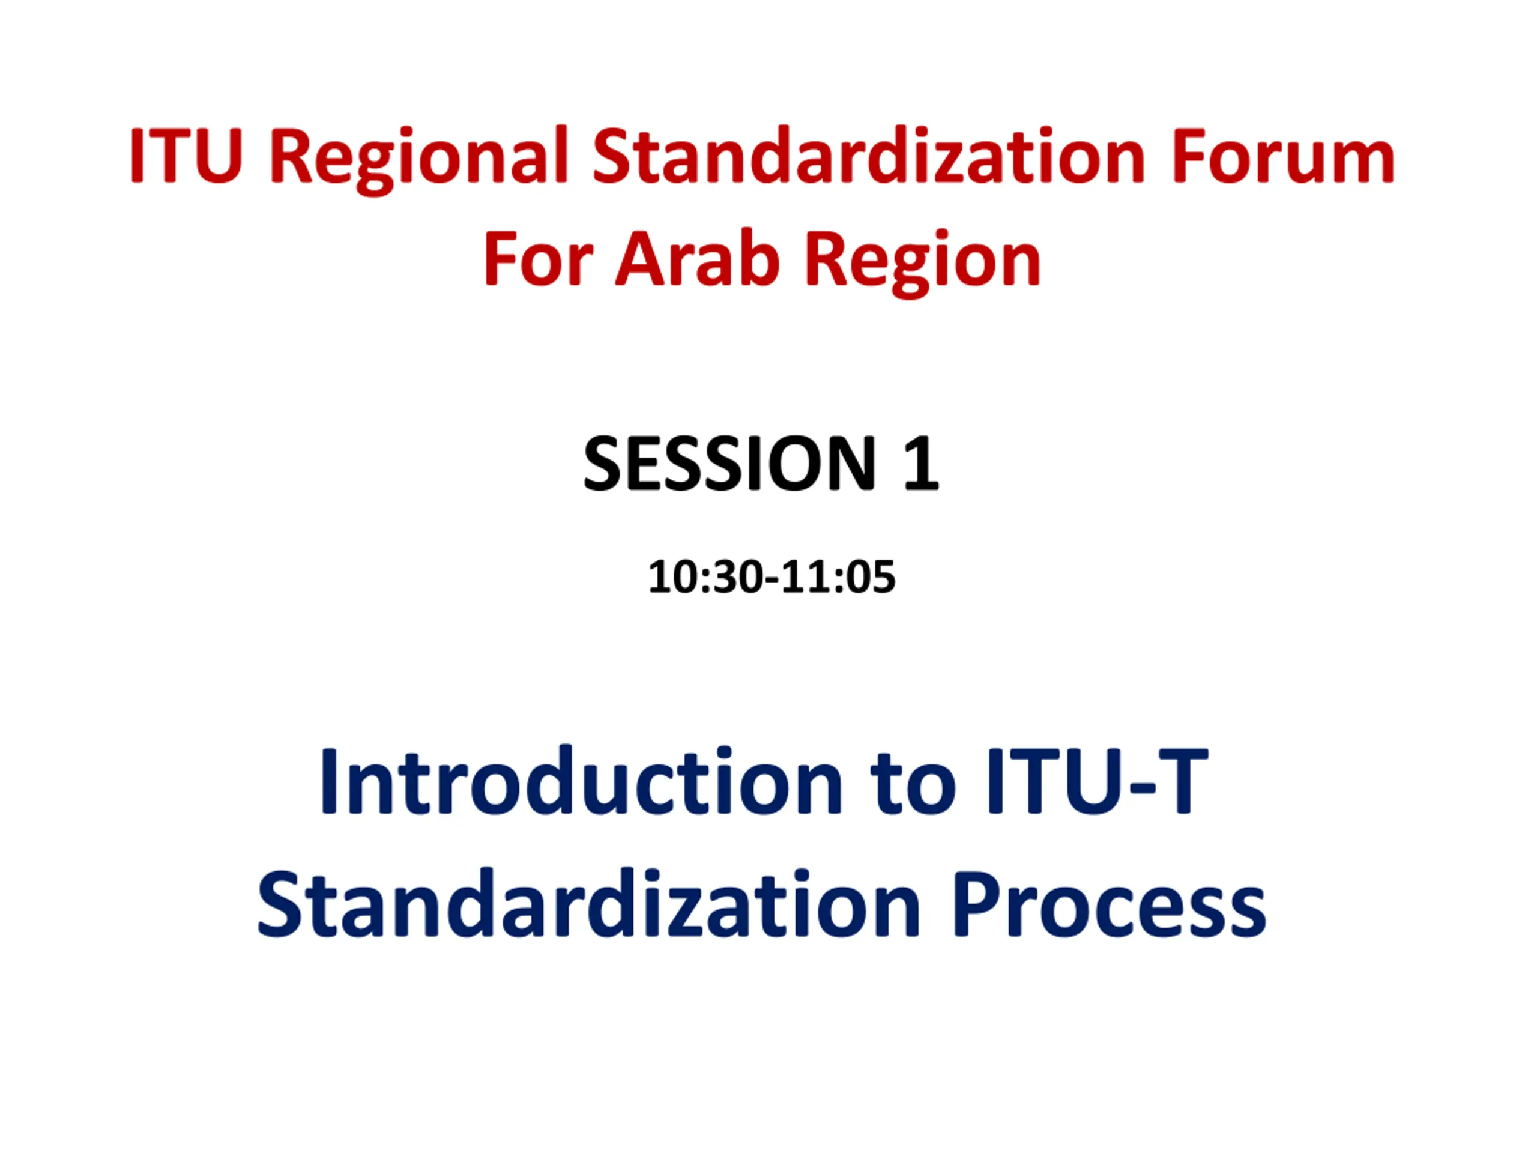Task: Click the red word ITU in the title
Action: pos(186,156)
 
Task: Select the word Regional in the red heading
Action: pos(420,160)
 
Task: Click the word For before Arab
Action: pos(538,259)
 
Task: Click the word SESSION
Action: pos(729,463)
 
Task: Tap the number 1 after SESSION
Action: pos(920,463)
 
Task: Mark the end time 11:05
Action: pos(839,577)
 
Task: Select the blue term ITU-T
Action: pos(1098,781)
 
